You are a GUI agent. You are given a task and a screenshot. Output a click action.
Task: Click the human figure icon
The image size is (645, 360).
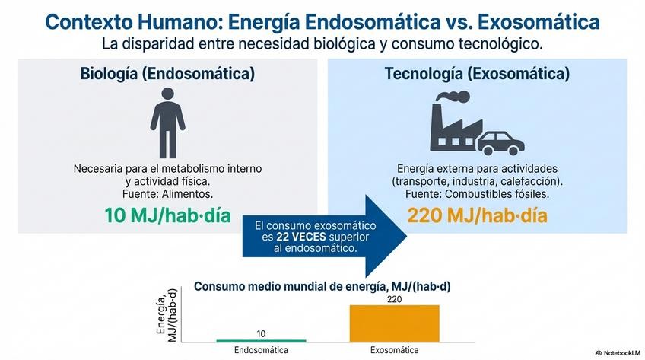167,122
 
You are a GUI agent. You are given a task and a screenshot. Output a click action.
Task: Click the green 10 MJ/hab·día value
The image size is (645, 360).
167,215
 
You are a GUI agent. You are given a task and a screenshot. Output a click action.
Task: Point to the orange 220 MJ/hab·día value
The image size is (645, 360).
477,215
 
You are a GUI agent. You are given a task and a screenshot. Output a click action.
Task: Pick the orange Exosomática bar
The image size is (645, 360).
394,323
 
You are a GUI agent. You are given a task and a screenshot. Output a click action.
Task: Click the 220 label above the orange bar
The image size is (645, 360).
394,299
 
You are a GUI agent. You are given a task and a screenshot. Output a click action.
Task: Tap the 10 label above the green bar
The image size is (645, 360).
261,333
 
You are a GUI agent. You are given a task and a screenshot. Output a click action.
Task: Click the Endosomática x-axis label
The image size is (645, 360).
261,350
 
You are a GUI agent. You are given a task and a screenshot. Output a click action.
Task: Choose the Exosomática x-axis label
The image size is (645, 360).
394,350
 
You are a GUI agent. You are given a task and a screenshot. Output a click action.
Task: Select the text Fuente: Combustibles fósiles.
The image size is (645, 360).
477,194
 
